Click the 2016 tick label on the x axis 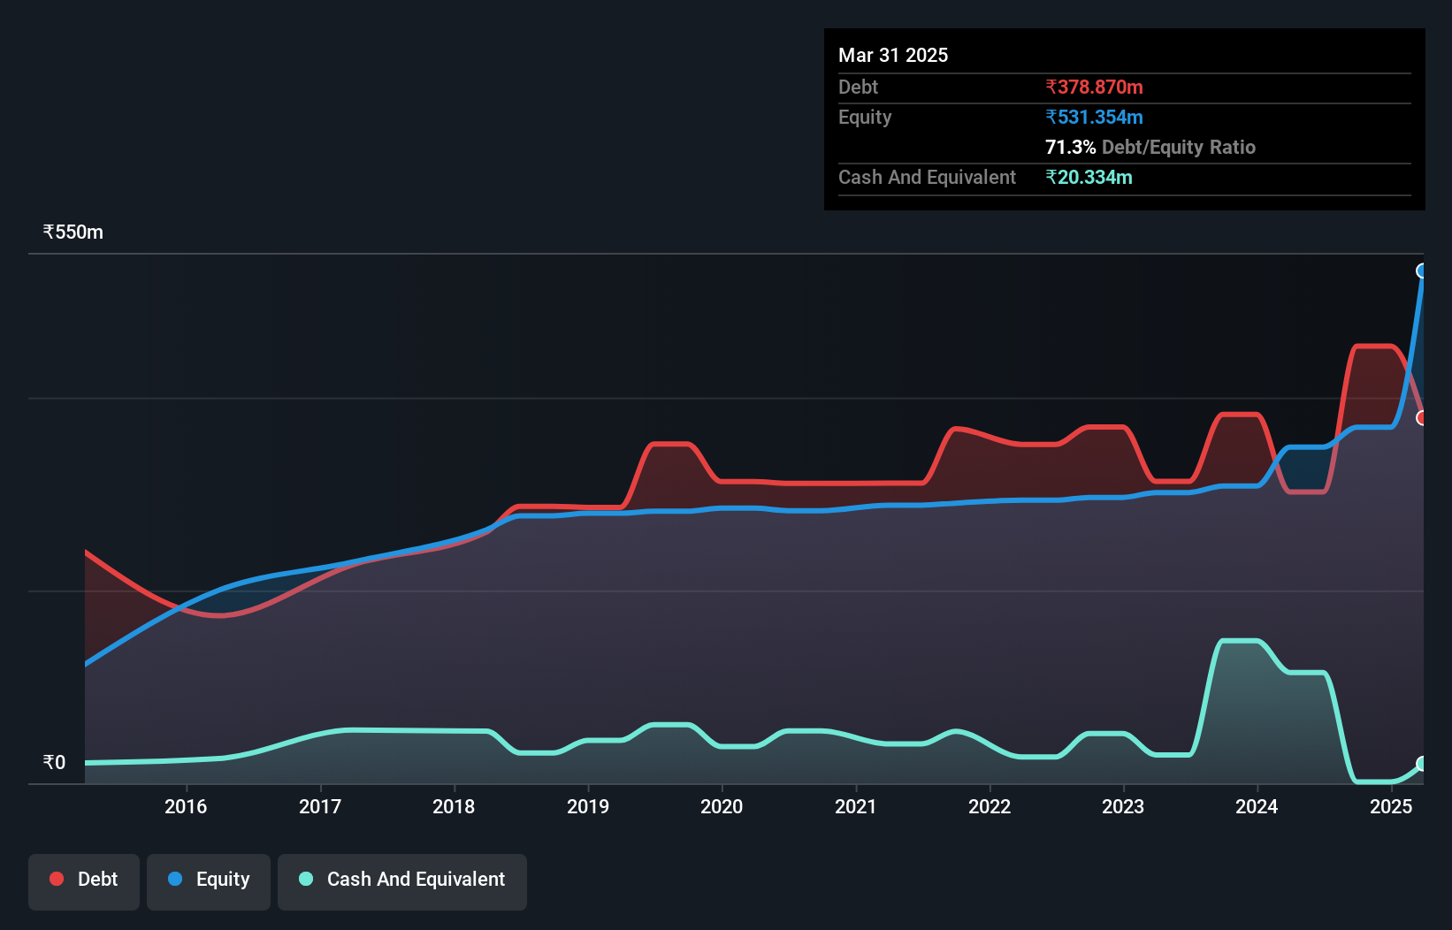tap(186, 806)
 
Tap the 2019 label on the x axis tap(588, 806)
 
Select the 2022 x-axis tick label tap(990, 806)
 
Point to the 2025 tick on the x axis tap(1391, 806)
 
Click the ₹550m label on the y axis tap(73, 232)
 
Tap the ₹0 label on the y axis tap(55, 762)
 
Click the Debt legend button tap(84, 880)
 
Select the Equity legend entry tap(209, 880)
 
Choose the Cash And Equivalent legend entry tap(402, 880)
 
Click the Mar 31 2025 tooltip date tap(893, 55)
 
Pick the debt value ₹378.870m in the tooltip tap(1094, 87)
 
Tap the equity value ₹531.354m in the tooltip tap(1094, 117)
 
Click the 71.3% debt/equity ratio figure tap(1070, 147)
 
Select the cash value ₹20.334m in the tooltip tap(1089, 177)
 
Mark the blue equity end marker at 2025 tap(1422, 271)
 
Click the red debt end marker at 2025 tap(1422, 417)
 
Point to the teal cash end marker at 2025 tap(1422, 764)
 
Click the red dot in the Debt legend tap(57, 879)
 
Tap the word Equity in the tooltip tap(865, 117)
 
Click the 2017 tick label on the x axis tap(320, 806)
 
